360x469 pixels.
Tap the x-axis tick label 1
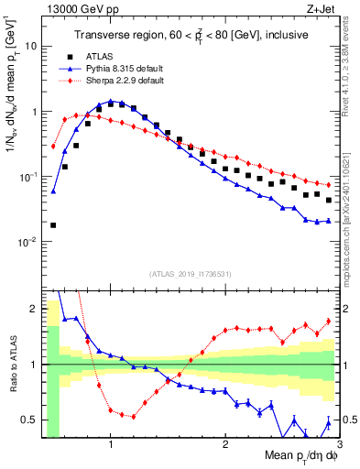tap(111, 444)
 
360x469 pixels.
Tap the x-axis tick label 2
tap(225, 444)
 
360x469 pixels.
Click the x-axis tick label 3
tap(338, 444)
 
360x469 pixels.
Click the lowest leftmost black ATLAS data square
tap(53, 224)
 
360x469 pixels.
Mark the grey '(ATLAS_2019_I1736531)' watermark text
tap(189, 274)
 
